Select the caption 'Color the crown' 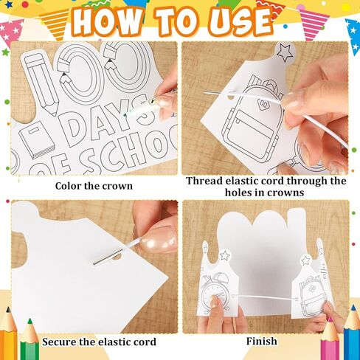point(94,185)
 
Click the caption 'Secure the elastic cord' point(99,342)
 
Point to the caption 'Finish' point(262,342)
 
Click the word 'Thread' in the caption point(207,181)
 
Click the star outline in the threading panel point(284,52)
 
